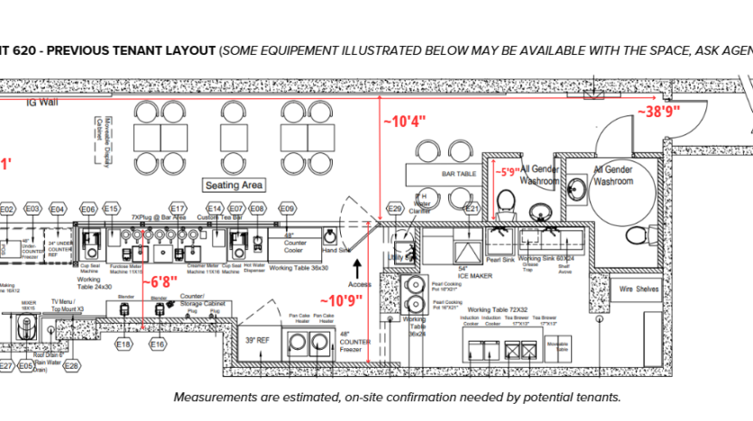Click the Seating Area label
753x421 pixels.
pos(234,185)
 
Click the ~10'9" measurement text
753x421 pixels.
pos(345,300)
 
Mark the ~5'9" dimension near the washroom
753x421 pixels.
pos(510,169)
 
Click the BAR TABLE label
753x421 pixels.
pos(459,172)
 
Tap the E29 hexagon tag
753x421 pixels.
pos(394,209)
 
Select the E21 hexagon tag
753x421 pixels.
pos(470,209)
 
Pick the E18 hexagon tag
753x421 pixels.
pos(124,344)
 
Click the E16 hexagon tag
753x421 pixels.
pos(158,344)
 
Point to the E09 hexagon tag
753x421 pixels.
pos(287,209)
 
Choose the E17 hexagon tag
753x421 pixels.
pos(179,208)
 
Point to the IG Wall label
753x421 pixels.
pos(41,103)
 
